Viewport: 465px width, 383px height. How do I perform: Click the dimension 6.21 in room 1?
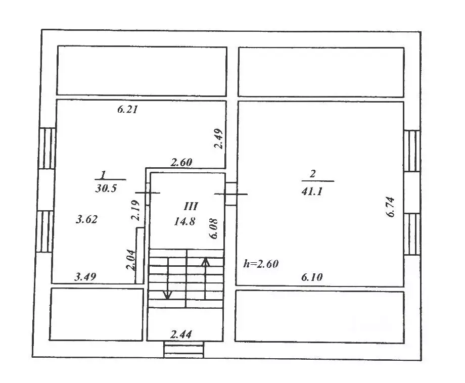point(128,109)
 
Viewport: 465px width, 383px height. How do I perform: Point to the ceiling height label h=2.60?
point(261,263)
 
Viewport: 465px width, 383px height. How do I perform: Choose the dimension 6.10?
point(312,277)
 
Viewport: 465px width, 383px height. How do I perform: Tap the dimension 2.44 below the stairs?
point(181,333)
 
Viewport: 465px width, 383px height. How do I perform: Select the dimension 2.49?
point(218,139)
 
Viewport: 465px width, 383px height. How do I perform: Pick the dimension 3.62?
point(86,219)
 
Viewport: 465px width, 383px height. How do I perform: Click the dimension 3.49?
point(85,276)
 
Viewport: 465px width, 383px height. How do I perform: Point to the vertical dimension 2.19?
point(134,211)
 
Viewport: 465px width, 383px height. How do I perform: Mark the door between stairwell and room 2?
point(230,194)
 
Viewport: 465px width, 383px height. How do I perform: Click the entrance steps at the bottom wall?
point(183,350)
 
